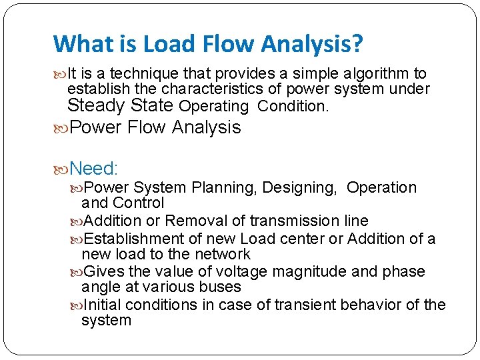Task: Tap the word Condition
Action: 293,106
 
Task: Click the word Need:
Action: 93,168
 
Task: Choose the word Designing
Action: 299,188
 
